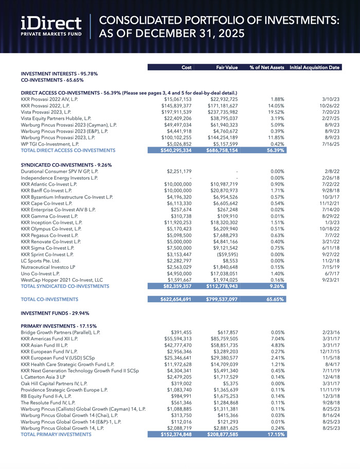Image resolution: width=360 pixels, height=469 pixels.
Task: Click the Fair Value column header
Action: coord(222,67)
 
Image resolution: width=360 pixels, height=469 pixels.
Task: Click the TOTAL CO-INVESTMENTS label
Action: coord(49,299)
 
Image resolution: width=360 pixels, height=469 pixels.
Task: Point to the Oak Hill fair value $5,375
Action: coord(228,400)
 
